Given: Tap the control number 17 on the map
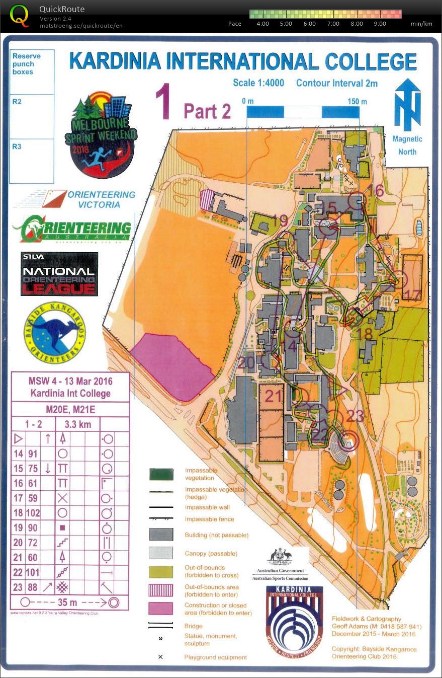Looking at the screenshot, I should point(412,295).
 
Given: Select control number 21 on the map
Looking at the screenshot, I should point(274,396).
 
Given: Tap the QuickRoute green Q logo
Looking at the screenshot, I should point(20,15).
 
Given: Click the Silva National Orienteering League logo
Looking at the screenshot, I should point(59,274).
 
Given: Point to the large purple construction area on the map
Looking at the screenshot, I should point(171,359).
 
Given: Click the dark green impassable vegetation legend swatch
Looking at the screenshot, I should point(161,474).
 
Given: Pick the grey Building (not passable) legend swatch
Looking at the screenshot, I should point(161,535).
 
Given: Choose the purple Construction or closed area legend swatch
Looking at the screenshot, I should point(161,609).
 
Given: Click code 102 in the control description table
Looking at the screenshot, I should point(33,513).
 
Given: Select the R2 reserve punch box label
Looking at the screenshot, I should point(17,102).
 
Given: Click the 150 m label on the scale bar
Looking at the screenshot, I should point(357,102).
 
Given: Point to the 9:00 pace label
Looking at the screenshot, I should point(380,24).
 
